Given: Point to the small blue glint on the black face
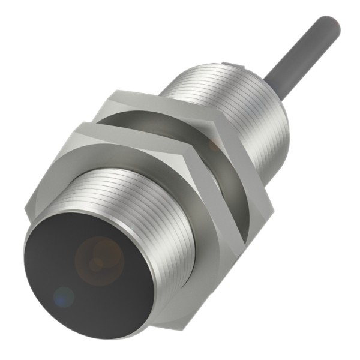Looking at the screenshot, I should (x=62, y=295).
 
